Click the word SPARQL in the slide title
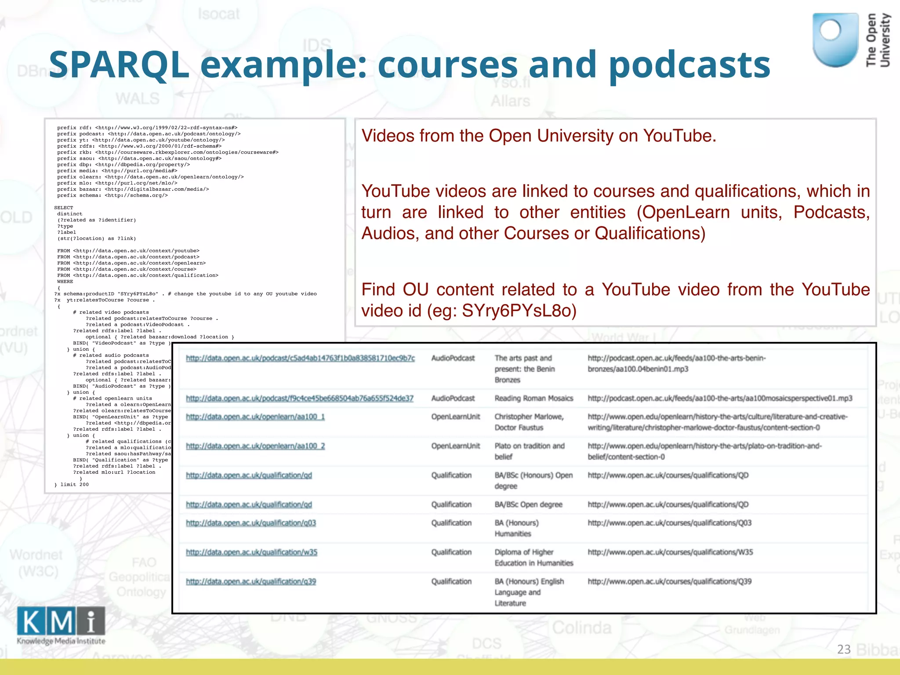point(119,65)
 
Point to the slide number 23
point(844,649)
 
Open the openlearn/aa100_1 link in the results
point(255,417)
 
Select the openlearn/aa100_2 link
point(255,446)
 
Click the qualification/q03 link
point(250,523)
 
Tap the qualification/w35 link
point(251,552)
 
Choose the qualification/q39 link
point(250,582)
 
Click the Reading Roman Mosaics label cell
point(533,399)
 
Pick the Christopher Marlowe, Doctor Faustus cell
point(529,422)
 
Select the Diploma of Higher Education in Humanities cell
point(533,558)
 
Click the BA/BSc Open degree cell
point(528,504)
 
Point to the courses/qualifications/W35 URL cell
point(670,552)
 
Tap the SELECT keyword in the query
point(64,208)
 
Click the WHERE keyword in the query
point(65,282)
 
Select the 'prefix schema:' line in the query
point(112,196)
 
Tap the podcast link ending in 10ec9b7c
point(300,358)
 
